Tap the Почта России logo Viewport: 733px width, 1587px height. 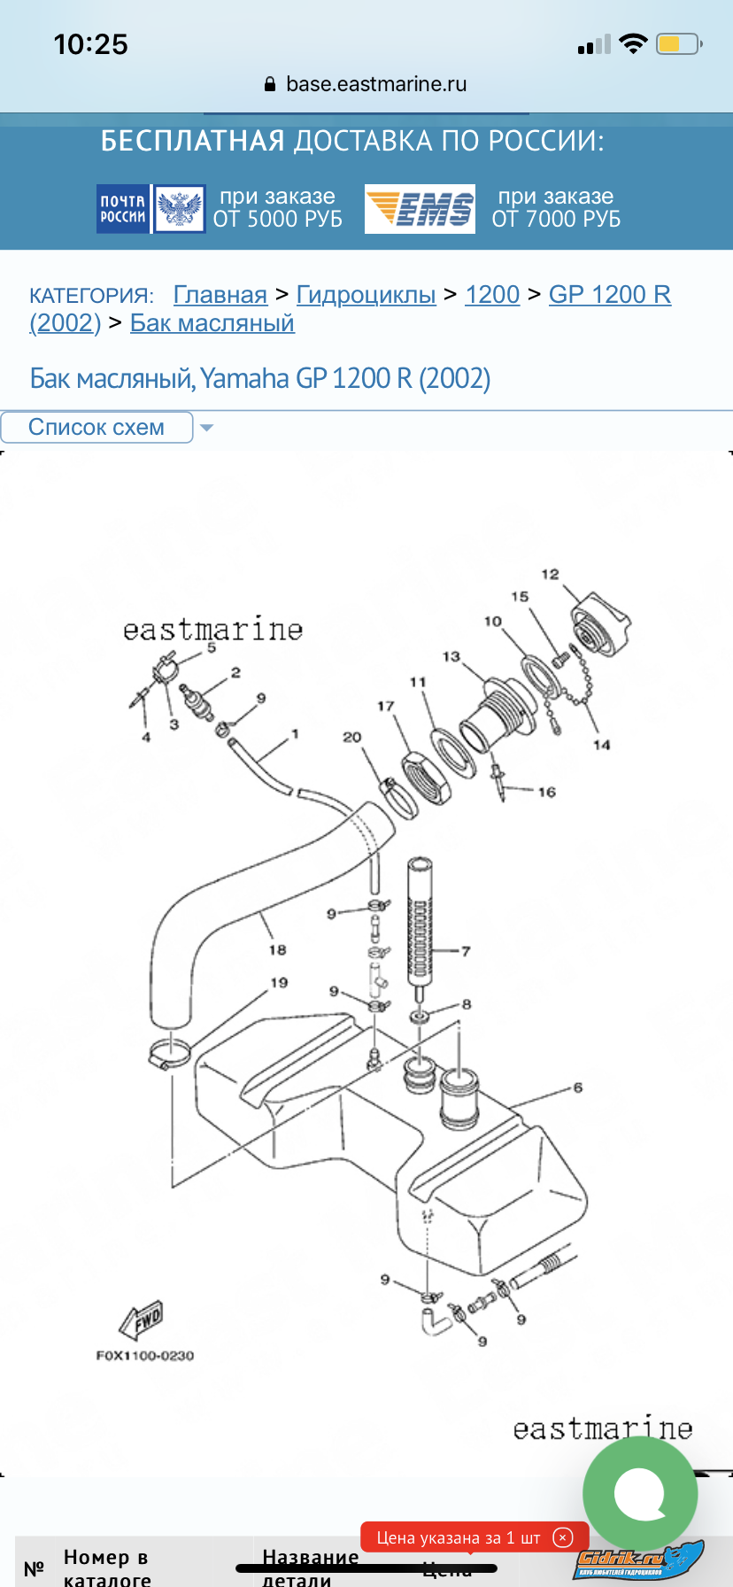(x=150, y=209)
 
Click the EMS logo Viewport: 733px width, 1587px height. (x=420, y=209)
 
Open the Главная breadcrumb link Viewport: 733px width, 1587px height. (x=220, y=295)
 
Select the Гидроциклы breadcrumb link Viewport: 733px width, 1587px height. (x=366, y=295)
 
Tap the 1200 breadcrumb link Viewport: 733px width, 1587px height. (x=492, y=295)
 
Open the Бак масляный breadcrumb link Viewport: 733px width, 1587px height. (x=212, y=323)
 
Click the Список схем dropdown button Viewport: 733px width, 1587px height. (x=97, y=427)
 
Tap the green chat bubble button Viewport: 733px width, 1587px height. (x=639, y=1493)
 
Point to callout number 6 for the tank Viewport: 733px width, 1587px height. (x=578, y=1088)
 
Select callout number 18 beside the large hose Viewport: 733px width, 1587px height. (x=277, y=950)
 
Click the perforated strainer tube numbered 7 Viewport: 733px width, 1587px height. (x=420, y=921)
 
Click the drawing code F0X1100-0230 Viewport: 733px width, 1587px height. (x=145, y=1356)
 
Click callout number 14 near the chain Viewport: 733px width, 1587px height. (x=602, y=745)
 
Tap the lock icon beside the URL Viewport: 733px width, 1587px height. (x=270, y=85)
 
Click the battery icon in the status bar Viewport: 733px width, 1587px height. (x=677, y=44)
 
